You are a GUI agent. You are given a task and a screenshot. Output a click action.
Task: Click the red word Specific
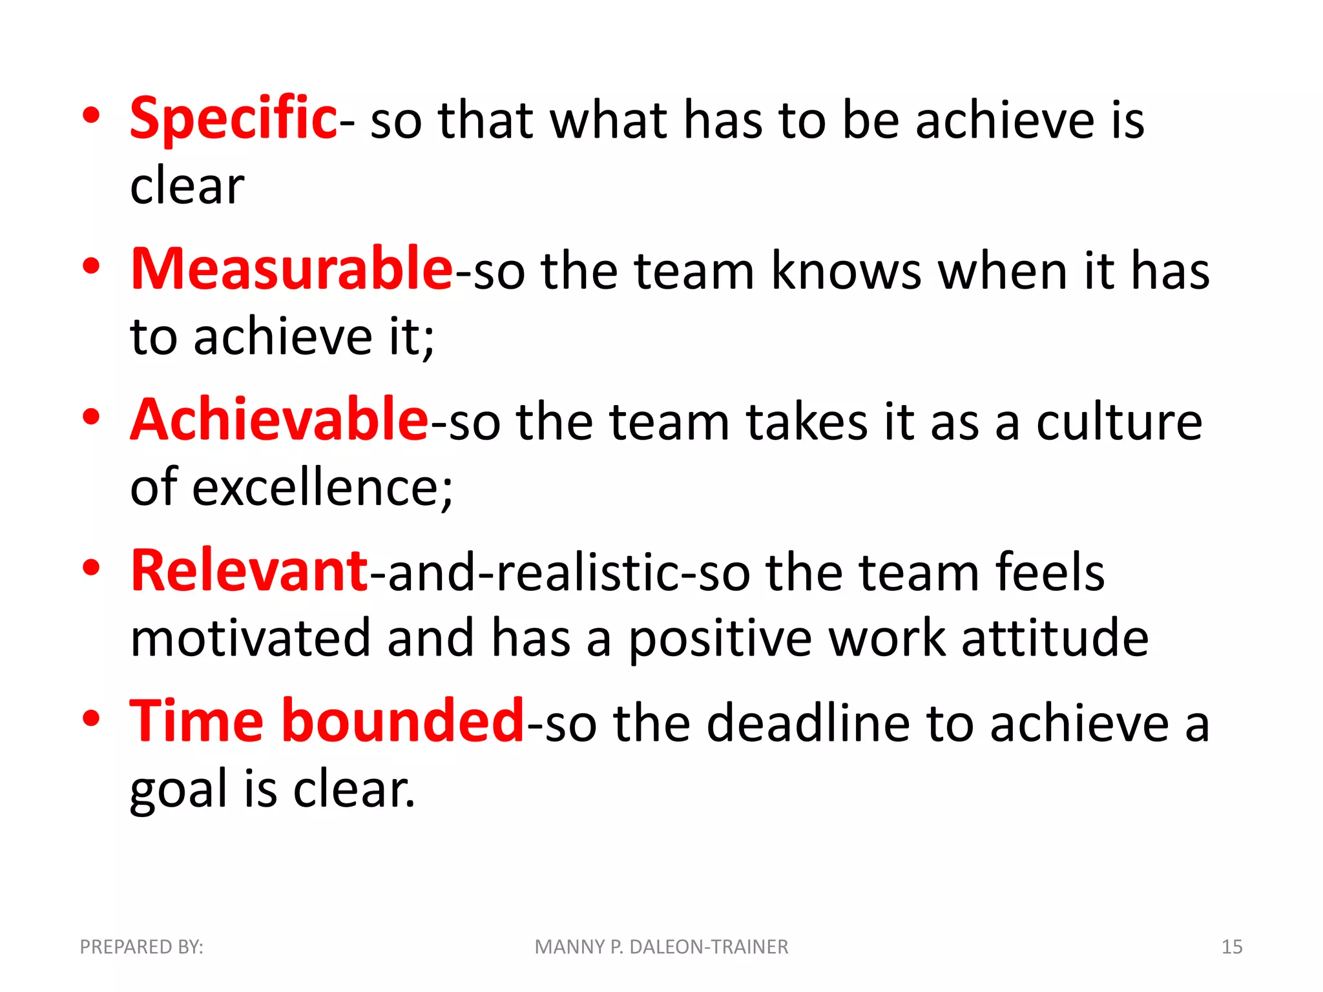pyautogui.click(x=233, y=119)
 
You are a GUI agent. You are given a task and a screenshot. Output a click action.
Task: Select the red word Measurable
pyautogui.click(x=291, y=269)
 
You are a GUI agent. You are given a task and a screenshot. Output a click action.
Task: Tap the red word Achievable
pyautogui.click(x=279, y=420)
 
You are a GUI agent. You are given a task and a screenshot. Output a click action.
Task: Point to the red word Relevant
pyautogui.click(x=249, y=571)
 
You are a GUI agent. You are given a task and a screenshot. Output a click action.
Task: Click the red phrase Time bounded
pyautogui.click(x=326, y=721)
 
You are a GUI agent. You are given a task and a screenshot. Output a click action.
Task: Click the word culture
pyautogui.click(x=1119, y=422)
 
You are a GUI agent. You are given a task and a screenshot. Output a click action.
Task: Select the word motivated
pyautogui.click(x=250, y=638)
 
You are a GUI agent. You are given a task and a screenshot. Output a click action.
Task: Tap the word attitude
pyautogui.click(x=1055, y=638)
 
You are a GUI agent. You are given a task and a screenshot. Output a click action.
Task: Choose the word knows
pyautogui.click(x=846, y=271)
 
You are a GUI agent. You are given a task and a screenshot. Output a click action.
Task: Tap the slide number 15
pyautogui.click(x=1231, y=947)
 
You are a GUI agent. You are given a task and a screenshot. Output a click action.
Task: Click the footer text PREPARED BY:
pyautogui.click(x=141, y=947)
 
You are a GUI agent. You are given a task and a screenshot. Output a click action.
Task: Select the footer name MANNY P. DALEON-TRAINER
pyautogui.click(x=661, y=947)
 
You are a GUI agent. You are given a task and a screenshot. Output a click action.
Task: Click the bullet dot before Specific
pyautogui.click(x=91, y=116)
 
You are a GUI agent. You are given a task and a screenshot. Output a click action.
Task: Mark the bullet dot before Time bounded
pyautogui.click(x=91, y=718)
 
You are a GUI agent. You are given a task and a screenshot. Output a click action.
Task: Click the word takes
pyautogui.click(x=807, y=422)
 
